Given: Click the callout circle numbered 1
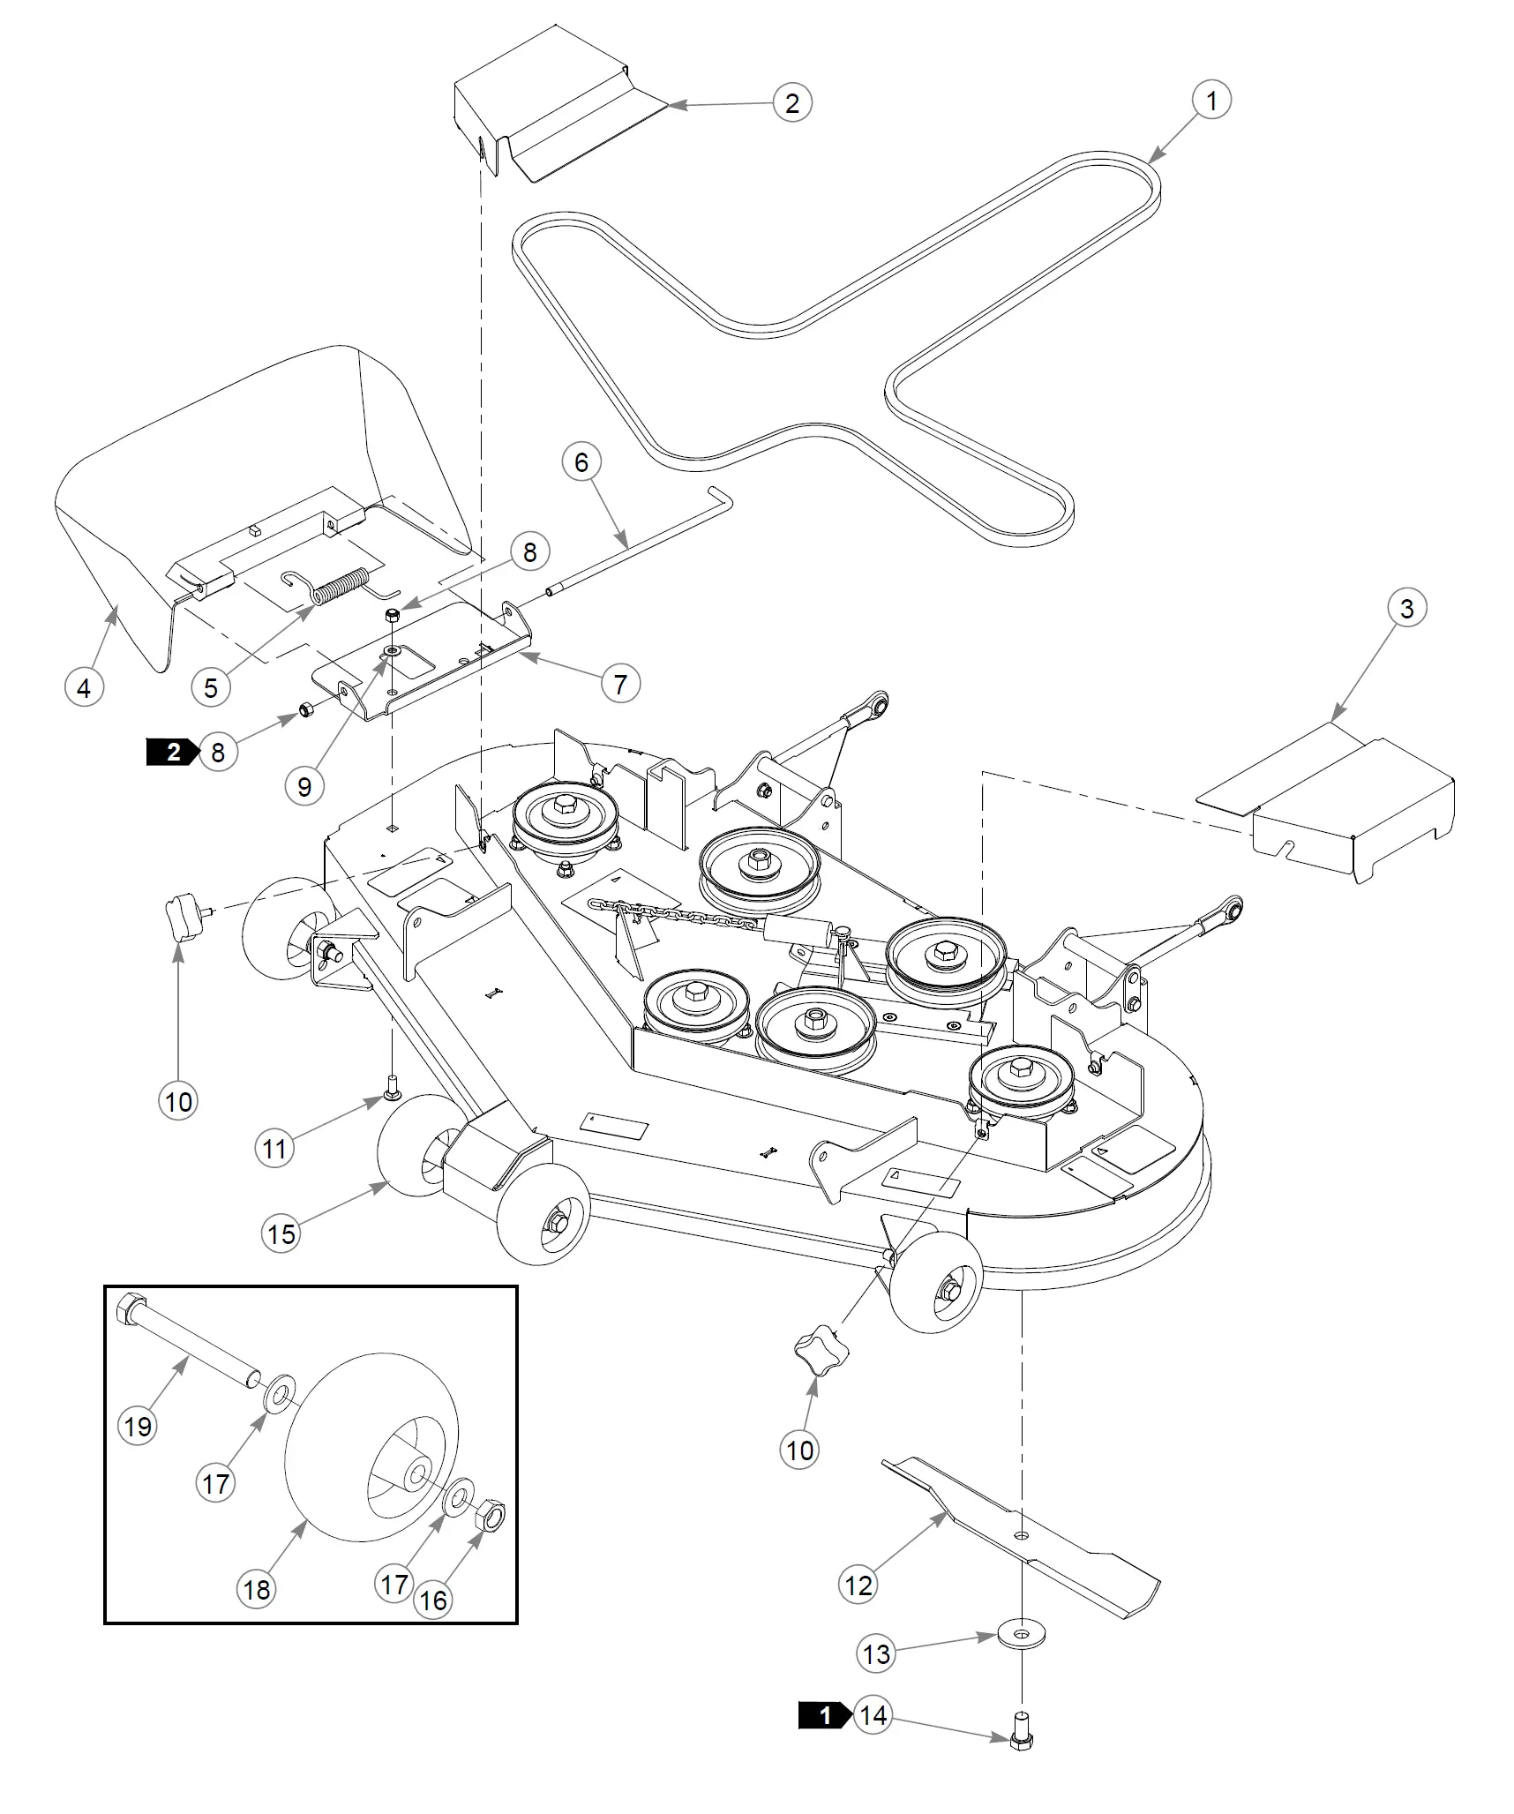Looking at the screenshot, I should click(1210, 101).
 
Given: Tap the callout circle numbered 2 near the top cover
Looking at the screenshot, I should click(791, 103).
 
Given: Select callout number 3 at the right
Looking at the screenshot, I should click(1406, 608).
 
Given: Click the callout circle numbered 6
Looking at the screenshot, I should click(581, 462).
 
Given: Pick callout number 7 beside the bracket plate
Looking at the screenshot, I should click(620, 684).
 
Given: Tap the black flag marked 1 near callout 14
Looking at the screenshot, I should click(824, 1715).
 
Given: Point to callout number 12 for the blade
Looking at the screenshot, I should click(858, 1585).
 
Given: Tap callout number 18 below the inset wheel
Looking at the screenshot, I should click(256, 1589).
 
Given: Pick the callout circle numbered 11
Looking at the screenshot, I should click(274, 1149).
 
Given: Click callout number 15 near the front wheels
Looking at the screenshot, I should click(281, 1233).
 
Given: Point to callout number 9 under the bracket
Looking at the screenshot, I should click(304, 786).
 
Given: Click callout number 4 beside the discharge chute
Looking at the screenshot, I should click(84, 687).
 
